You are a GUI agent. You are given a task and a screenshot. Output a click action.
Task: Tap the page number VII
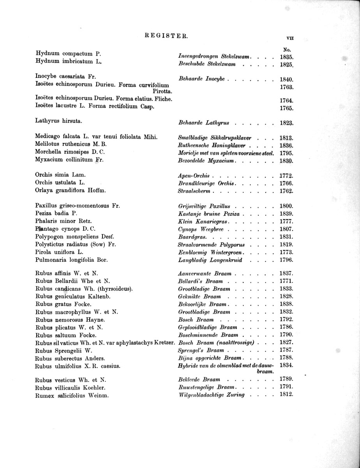pyautogui.click(x=289, y=38)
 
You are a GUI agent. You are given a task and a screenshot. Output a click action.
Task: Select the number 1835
pyautogui.click(x=286, y=57)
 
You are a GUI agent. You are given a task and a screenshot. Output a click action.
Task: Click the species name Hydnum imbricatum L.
pyautogui.click(x=68, y=62)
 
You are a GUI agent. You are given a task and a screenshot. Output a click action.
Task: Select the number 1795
pyautogui.click(x=286, y=153)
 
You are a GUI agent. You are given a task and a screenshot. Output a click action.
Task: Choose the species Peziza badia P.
pyautogui.click(x=56, y=213)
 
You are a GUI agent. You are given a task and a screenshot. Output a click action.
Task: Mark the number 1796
pyautogui.click(x=286, y=260)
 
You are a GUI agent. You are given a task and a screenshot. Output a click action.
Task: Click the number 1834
pyautogui.click(x=286, y=365)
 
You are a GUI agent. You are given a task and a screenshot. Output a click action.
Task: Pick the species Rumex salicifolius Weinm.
pyautogui.click(x=72, y=395)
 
